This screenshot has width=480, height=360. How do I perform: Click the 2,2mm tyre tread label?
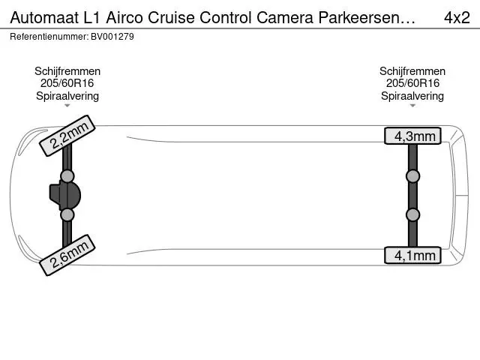click(67, 136)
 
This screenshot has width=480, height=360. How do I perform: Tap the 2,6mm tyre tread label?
click(67, 255)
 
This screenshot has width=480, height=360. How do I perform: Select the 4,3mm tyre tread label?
click(412, 136)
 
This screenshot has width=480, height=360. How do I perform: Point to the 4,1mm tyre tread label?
click(412, 255)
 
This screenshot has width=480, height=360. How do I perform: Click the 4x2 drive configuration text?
click(457, 18)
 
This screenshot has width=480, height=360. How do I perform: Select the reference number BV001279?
click(112, 37)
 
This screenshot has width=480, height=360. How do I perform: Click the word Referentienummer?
click(49, 37)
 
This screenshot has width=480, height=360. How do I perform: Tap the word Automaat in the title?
click(44, 18)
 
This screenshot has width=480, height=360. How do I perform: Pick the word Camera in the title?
click(285, 18)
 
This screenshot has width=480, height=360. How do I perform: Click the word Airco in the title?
click(124, 18)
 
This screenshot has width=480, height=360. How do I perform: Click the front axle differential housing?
click(65, 196)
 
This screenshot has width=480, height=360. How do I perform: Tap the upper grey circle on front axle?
click(67, 176)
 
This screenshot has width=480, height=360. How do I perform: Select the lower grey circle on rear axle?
click(412, 215)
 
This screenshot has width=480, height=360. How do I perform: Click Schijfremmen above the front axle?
click(67, 71)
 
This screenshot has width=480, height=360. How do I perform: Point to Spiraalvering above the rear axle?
click(412, 96)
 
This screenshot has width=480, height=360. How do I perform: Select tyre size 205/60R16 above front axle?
click(67, 83)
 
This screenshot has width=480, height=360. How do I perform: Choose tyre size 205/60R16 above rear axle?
click(412, 83)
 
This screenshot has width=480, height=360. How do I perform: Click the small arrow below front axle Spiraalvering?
click(67, 106)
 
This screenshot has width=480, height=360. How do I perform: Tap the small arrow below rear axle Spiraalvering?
click(412, 106)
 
